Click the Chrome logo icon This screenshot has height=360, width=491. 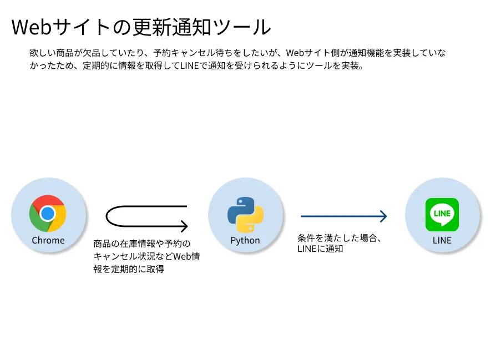tap(48, 214)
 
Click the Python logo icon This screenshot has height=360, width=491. tap(245, 214)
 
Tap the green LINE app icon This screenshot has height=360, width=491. tap(442, 214)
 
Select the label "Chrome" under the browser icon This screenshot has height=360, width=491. tap(48, 240)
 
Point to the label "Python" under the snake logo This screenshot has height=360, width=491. tap(245, 240)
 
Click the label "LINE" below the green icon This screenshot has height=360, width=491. tap(442, 240)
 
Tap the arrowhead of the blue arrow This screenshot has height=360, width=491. tap(383, 216)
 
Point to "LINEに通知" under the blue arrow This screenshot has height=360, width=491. tap(320, 249)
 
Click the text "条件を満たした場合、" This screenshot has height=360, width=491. tap(338, 238)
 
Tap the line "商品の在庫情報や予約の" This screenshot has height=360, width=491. tap(142, 244)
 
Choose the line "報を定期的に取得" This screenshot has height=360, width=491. tap(129, 269)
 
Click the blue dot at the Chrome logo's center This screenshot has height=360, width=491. tap(48, 214)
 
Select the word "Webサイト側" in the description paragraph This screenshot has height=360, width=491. tap(312, 53)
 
